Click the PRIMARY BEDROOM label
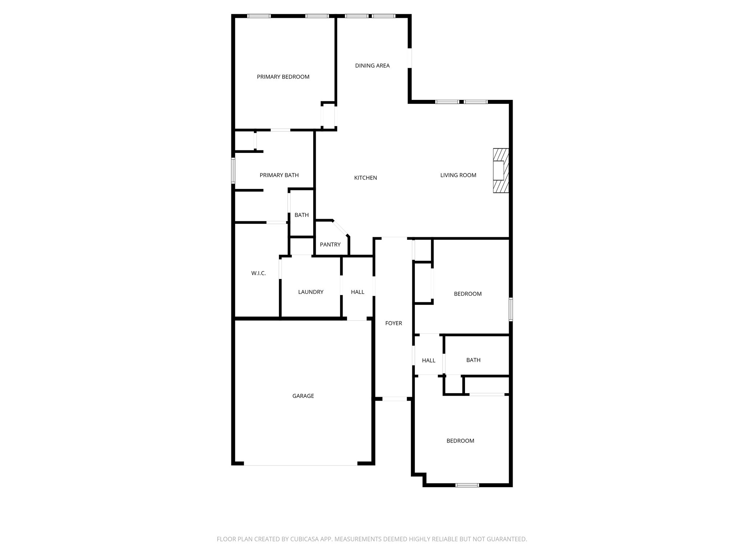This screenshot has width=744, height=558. point(283,77)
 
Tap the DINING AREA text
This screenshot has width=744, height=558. point(372,66)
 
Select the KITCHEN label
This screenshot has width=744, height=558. point(365,178)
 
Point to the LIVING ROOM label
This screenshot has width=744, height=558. point(458,175)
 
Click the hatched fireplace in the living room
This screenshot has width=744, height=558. point(501,170)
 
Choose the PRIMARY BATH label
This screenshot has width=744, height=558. point(279,175)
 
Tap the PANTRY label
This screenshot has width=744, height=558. point(330,244)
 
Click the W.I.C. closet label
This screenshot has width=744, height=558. point(258,273)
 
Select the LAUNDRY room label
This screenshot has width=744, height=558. point(311,292)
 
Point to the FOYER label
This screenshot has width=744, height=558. point(393,323)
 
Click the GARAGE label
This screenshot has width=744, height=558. point(303,396)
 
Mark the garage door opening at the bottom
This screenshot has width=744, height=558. point(300,465)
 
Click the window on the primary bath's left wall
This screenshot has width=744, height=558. point(233,170)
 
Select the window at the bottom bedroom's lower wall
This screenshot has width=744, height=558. point(467,485)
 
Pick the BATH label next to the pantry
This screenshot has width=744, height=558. point(302,215)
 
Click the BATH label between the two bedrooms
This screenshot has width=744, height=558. point(473,360)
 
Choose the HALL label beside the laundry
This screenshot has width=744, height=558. point(357,292)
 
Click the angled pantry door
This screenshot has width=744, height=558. point(341,228)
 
